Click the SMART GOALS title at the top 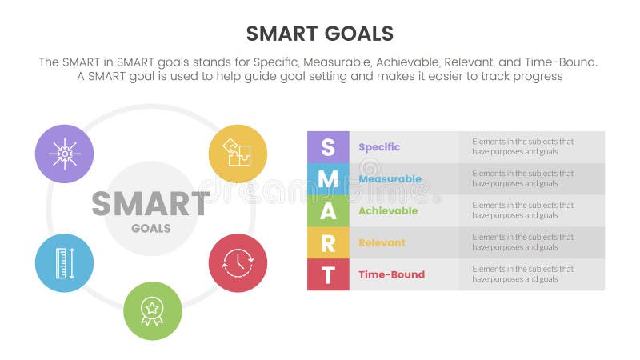tap(319, 33)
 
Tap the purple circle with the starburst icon tap(65, 154)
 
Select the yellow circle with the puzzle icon tap(238, 153)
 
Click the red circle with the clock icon tap(238, 262)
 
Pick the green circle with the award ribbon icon tap(152, 310)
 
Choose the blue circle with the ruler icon tap(65, 262)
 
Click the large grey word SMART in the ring tap(150, 205)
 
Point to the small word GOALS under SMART tap(151, 228)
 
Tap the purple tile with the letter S tap(328, 147)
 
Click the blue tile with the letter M tap(328, 179)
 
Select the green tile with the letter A tap(328, 211)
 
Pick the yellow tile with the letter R tap(328, 243)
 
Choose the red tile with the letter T tap(328, 274)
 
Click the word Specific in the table tap(379, 147)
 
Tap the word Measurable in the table tap(390, 179)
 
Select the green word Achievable tap(388, 211)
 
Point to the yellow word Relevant tap(382, 242)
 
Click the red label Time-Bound tap(391, 274)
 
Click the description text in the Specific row tap(522, 146)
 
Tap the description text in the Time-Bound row tap(522, 274)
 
